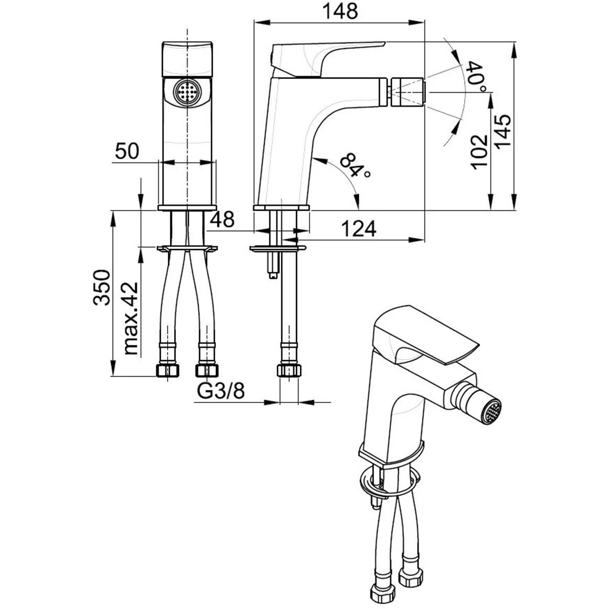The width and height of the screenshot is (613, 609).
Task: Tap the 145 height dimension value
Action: click(x=503, y=131)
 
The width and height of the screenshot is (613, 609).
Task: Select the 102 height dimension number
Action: click(x=479, y=152)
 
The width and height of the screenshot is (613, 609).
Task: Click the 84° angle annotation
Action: click(x=354, y=166)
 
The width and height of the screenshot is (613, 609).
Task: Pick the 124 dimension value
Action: click(x=359, y=229)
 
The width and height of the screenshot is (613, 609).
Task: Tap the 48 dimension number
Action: click(x=223, y=220)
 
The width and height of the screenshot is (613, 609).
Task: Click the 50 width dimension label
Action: click(x=127, y=151)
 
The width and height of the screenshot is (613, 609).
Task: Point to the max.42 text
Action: click(x=130, y=318)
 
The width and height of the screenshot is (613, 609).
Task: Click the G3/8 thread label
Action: click(x=221, y=391)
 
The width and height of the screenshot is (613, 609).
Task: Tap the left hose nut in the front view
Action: click(x=168, y=370)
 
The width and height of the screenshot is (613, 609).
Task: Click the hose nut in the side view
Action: click(x=289, y=370)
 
